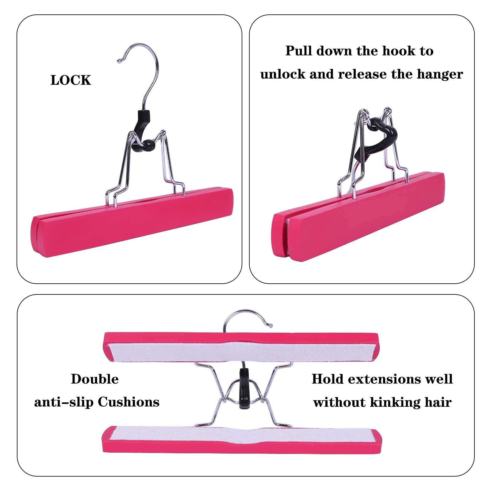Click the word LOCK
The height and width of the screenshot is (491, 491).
(71, 80)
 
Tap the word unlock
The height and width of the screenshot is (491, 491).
(282, 75)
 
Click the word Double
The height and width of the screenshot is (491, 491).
(95, 379)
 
